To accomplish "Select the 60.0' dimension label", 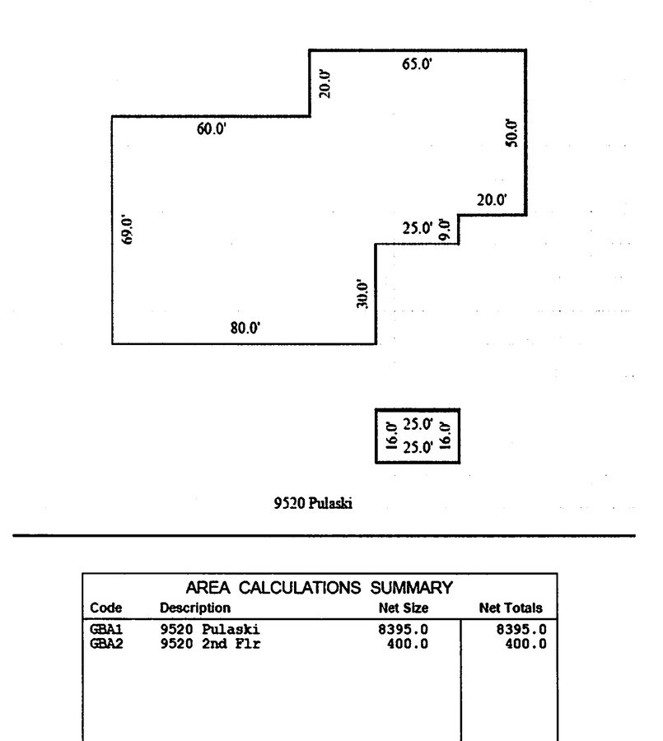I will coord(212,129).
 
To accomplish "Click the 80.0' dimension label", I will coord(245,329).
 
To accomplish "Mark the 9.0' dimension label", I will coord(445,228).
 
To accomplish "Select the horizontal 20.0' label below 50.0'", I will coord(492,199).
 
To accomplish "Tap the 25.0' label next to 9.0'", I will coord(418,228).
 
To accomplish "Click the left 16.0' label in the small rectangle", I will coord(391,436).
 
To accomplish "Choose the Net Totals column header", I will coord(511,608).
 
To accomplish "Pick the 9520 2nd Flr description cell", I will coord(210,643).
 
